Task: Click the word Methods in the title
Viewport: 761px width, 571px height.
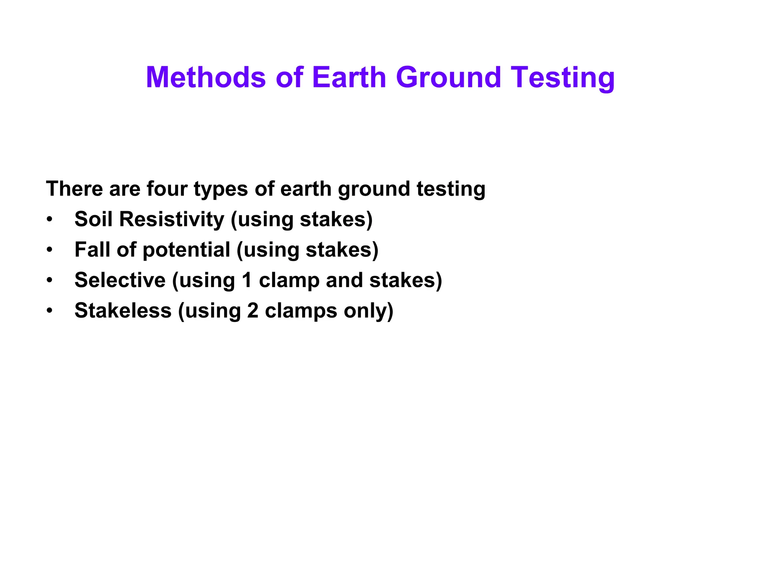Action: [x=206, y=77]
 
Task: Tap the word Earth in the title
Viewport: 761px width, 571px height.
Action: [x=349, y=77]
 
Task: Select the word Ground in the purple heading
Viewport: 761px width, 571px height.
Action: [x=448, y=77]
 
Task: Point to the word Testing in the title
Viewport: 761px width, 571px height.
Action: [x=563, y=78]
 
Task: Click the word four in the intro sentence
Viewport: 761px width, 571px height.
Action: [x=167, y=189]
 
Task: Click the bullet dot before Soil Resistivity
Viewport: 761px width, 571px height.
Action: [x=50, y=219]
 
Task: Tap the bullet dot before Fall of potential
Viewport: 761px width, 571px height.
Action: [x=50, y=250]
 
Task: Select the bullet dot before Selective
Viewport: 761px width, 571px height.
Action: [x=50, y=280]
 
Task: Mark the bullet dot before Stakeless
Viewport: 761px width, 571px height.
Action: [x=50, y=311]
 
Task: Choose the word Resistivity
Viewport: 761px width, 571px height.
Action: [x=172, y=219]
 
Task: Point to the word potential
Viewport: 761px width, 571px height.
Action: [x=186, y=250]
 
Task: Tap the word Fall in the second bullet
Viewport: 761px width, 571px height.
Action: [x=93, y=249]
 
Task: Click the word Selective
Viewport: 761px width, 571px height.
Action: [x=120, y=280]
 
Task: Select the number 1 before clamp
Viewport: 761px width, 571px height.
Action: [x=247, y=280]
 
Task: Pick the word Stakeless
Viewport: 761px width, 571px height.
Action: [x=123, y=310]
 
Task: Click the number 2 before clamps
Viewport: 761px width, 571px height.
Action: [x=253, y=310]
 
